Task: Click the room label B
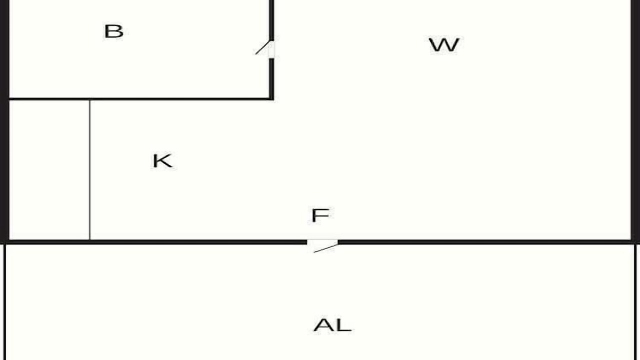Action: point(113,31)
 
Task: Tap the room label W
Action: point(444,45)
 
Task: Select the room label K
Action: point(162,161)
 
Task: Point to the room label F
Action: point(320,215)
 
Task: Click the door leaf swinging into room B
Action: point(262,47)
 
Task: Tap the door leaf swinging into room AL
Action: point(325,248)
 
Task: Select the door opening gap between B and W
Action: point(271,49)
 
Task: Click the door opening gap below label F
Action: point(322,242)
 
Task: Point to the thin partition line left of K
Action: point(89,170)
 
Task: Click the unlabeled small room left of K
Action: point(49,170)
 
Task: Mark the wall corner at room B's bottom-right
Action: point(271,99)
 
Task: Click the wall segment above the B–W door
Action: point(271,20)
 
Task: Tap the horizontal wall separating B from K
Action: point(140,99)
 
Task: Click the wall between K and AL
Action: point(155,242)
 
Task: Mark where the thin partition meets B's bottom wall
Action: point(89,99)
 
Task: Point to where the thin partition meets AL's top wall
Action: point(89,240)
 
